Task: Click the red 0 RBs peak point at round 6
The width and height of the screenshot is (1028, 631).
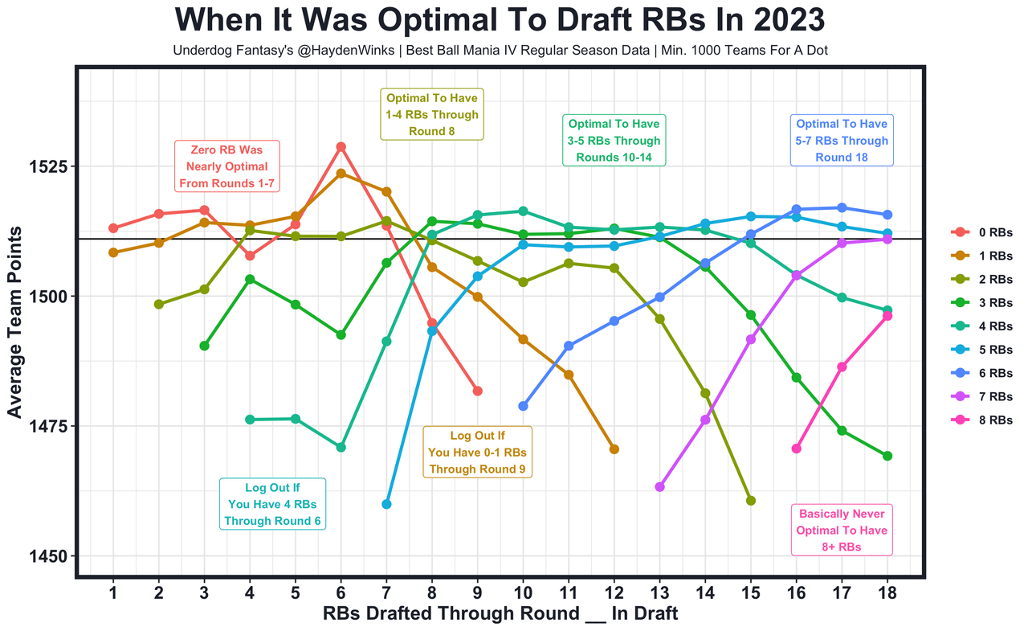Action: click(341, 147)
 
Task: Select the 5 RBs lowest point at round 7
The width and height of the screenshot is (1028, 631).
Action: click(386, 504)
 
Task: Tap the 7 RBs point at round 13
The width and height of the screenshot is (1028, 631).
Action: click(659, 487)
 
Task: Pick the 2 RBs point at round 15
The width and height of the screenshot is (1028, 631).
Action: click(751, 501)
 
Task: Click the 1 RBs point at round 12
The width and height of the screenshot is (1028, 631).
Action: click(614, 449)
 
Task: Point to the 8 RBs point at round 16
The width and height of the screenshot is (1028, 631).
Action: click(796, 449)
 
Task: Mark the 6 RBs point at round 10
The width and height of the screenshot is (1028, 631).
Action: click(523, 406)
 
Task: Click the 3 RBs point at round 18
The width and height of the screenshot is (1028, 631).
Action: click(887, 456)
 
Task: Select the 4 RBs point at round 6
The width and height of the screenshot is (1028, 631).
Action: click(341, 447)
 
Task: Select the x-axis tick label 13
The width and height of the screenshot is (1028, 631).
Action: click(659, 593)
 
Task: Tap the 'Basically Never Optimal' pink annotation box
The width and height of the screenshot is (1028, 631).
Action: click(842, 531)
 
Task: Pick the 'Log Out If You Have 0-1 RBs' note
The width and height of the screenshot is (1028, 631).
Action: click(478, 453)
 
